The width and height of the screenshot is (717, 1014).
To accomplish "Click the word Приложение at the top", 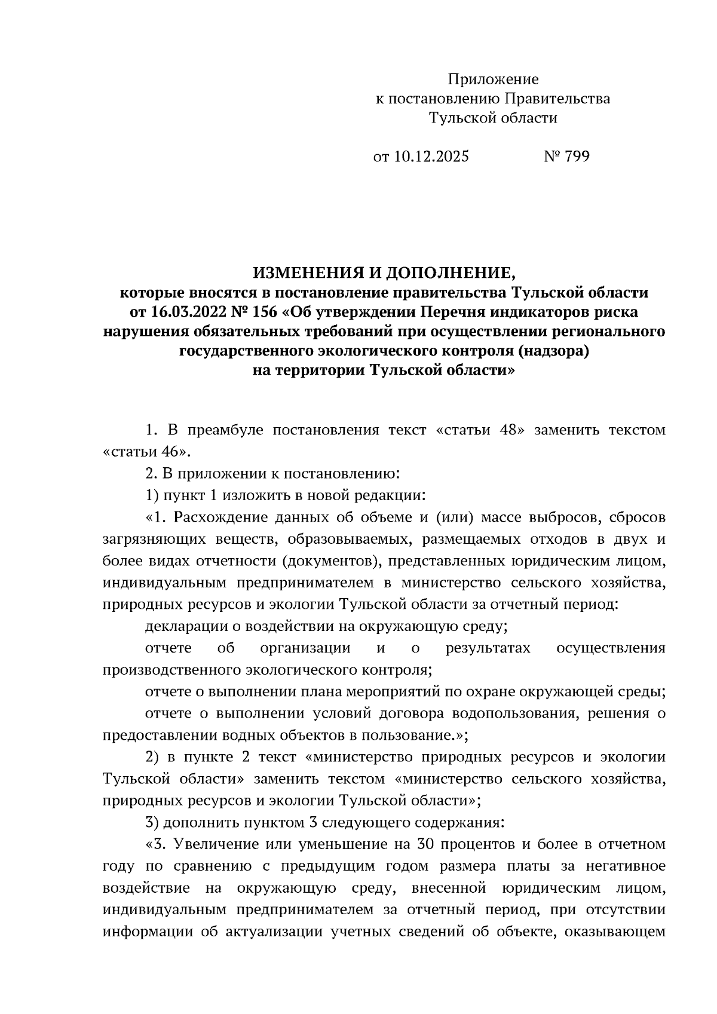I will (x=493, y=79).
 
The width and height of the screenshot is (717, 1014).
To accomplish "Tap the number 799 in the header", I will (x=576, y=157).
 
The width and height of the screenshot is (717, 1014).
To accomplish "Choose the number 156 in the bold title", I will (x=263, y=312).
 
